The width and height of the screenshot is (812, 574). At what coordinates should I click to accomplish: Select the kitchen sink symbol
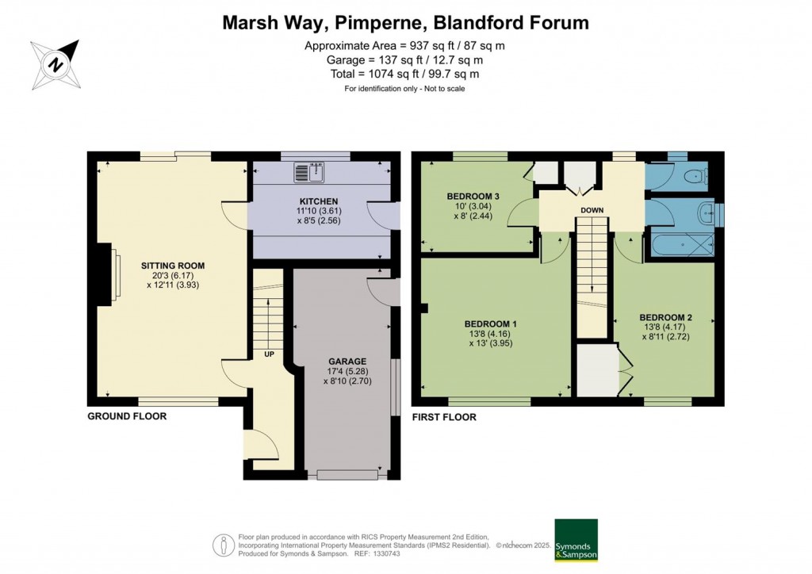click(x=310, y=170)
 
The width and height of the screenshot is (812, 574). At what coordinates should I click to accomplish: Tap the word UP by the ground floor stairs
click(x=269, y=354)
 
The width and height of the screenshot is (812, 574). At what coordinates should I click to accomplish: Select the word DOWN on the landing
click(x=592, y=210)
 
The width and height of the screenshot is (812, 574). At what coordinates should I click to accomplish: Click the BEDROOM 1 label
click(x=490, y=324)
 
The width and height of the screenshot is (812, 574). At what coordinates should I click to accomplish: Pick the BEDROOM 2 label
click(x=667, y=317)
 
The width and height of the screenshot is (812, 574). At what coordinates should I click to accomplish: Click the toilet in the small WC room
click(x=695, y=176)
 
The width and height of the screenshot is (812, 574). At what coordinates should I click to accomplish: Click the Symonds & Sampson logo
click(x=576, y=541)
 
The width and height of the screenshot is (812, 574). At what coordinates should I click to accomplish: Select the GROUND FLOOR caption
click(x=127, y=416)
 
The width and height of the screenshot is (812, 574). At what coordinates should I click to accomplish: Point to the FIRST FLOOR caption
click(x=444, y=417)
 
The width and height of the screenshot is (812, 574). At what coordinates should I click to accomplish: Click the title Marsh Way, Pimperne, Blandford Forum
click(x=405, y=23)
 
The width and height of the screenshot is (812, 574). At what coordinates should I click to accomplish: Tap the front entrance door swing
click(x=264, y=448)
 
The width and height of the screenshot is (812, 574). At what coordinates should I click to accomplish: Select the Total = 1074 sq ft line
click(x=405, y=74)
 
